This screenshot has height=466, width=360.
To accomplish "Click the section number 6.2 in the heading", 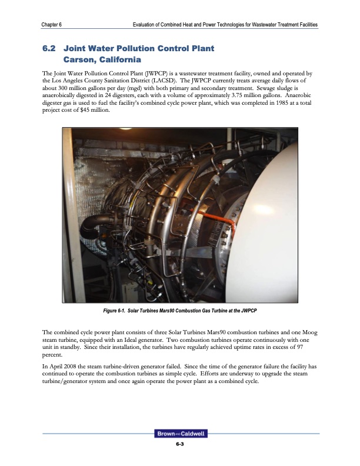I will [51, 47].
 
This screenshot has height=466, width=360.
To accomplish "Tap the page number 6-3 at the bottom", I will [180, 444].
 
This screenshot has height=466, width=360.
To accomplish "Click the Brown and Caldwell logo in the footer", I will [180, 434].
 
